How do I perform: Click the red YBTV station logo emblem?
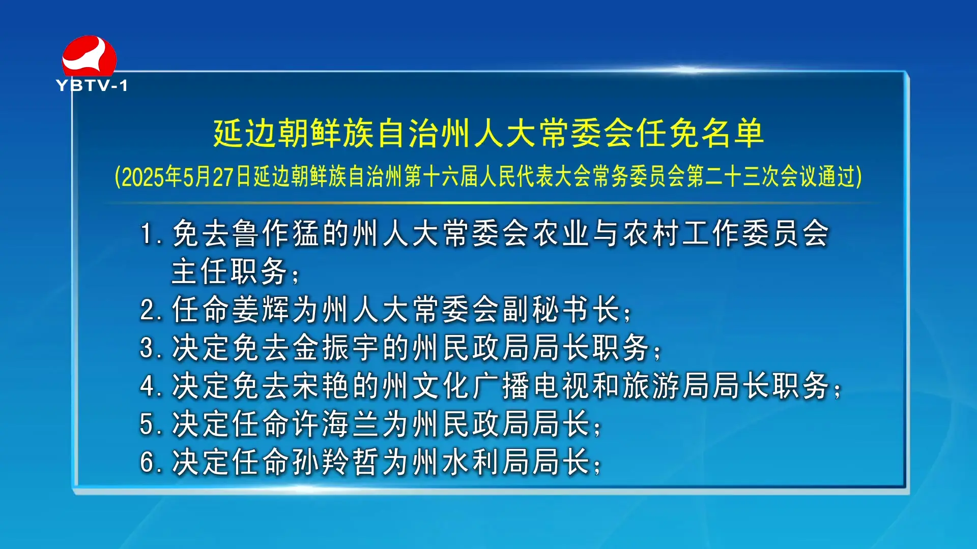pyautogui.click(x=89, y=56)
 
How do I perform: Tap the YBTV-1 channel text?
pyautogui.click(x=92, y=85)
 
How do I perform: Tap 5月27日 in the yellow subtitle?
pyautogui.click(x=218, y=176)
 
